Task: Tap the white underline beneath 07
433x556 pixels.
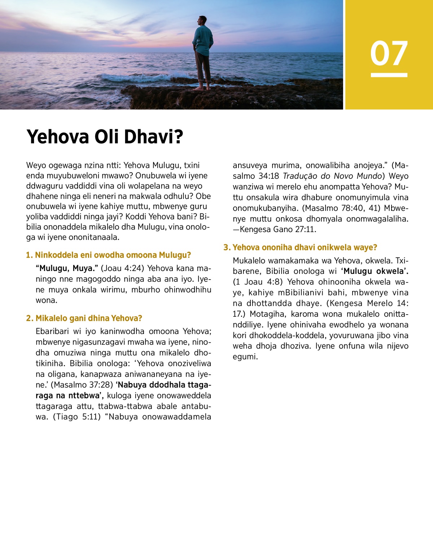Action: [389, 75]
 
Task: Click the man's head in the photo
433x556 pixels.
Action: [203, 21]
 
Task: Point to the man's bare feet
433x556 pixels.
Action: [202, 88]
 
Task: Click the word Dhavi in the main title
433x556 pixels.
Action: [157, 137]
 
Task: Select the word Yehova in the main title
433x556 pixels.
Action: [58, 137]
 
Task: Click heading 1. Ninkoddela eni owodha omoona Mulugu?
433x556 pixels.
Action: [108, 255]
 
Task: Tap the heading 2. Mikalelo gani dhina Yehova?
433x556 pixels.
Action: [84, 318]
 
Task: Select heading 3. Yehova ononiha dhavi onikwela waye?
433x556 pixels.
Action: [300, 248]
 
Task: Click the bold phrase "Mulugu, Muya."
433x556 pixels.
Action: [67, 268]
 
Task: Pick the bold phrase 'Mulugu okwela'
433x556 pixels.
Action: [375, 271]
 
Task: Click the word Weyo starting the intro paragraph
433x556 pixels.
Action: [36, 165]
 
